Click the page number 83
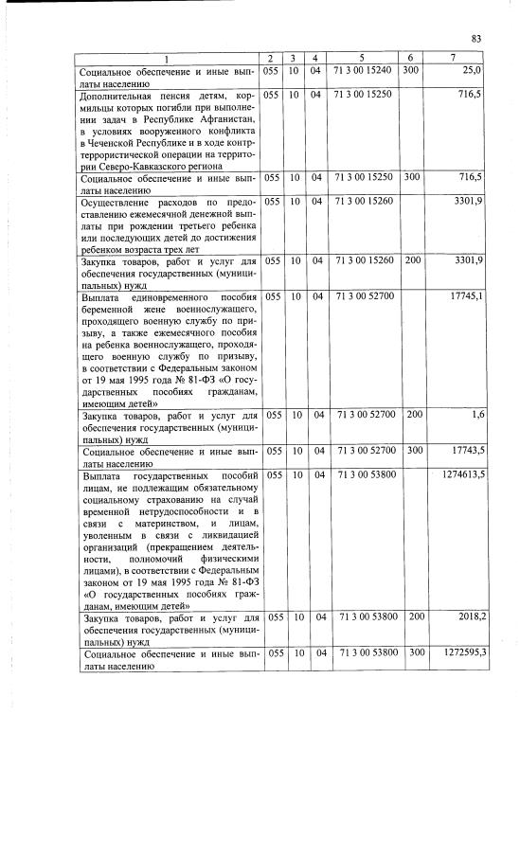click(476, 39)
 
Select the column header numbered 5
click(363, 60)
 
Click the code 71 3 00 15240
click(364, 71)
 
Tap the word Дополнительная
click(125, 96)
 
